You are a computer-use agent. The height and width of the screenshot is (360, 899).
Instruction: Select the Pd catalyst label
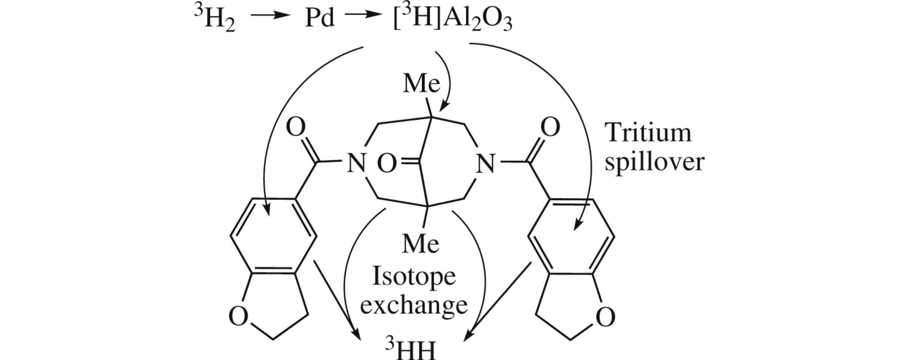click(320, 19)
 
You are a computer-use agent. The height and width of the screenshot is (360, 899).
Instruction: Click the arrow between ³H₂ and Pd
click(271, 16)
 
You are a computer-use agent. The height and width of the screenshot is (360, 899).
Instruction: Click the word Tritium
click(648, 132)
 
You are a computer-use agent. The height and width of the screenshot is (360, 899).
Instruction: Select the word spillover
click(654, 163)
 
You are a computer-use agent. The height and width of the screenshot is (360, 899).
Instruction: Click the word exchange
click(414, 305)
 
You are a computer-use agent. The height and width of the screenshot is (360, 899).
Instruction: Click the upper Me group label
click(421, 83)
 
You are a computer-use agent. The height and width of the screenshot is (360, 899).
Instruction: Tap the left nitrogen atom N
click(356, 163)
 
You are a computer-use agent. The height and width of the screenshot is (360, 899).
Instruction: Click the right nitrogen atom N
click(485, 163)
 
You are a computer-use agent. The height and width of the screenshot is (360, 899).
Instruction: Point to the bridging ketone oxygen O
click(387, 164)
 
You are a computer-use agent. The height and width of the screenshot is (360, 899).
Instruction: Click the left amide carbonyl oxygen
click(295, 127)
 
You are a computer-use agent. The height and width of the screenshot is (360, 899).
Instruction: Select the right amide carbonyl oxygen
click(550, 127)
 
